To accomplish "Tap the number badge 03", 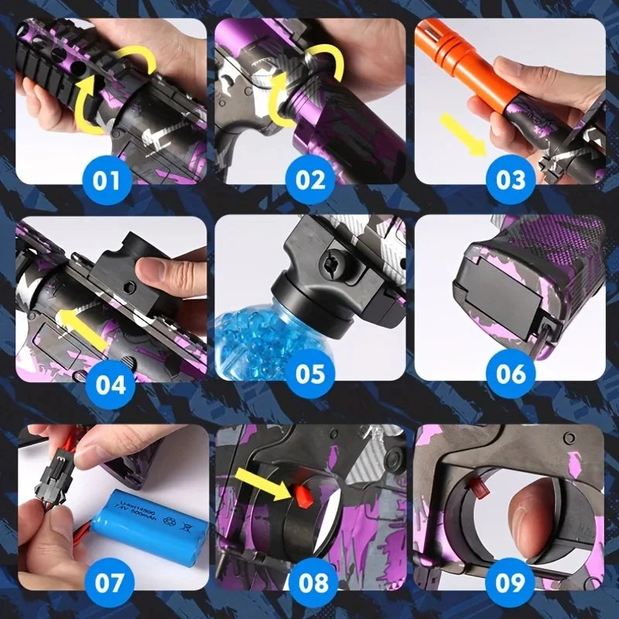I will click(x=511, y=180).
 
